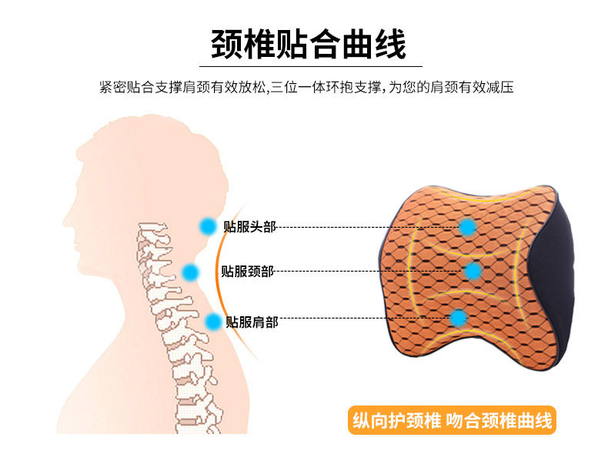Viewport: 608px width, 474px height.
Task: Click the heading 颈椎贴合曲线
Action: click(x=308, y=45)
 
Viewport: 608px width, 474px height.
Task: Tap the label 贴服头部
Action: click(x=249, y=226)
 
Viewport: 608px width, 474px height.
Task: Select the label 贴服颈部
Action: click(x=246, y=271)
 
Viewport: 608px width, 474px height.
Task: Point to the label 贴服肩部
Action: click(x=252, y=322)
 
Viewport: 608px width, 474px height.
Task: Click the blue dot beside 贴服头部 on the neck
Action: click(x=207, y=226)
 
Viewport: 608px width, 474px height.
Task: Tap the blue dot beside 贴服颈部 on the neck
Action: click(x=190, y=271)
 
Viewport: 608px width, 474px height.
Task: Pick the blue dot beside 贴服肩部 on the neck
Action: click(x=213, y=321)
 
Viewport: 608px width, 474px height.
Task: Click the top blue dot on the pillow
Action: click(x=467, y=227)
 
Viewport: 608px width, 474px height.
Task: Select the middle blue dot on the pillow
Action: click(x=473, y=271)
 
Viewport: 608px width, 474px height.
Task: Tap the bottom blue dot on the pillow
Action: click(x=459, y=317)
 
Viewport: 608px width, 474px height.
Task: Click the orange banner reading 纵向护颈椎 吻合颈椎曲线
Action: click(x=452, y=421)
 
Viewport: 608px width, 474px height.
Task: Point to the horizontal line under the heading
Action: click(x=308, y=67)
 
